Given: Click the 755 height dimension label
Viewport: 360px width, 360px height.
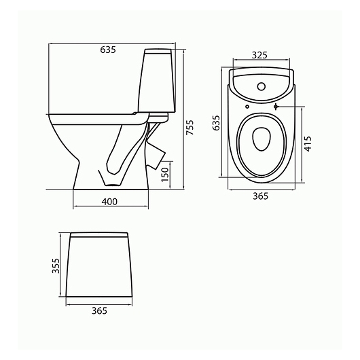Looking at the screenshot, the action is [x=190, y=128].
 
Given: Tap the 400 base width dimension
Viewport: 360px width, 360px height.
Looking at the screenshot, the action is [x=109, y=202].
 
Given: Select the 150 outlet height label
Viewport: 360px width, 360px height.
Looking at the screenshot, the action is [x=165, y=175].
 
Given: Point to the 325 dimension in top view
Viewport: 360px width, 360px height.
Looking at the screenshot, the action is [x=259, y=55].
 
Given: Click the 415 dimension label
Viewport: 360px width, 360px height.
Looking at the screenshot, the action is [x=308, y=144].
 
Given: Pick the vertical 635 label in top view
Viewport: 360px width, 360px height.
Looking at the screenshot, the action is [x=216, y=123].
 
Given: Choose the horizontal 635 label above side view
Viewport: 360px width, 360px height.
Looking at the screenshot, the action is [x=108, y=50].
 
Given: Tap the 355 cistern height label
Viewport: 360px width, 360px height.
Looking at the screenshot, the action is [x=55, y=266].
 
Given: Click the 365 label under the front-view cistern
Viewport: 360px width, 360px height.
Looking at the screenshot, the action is [x=99, y=310].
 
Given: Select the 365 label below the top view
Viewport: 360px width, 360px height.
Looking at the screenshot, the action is [x=260, y=196].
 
